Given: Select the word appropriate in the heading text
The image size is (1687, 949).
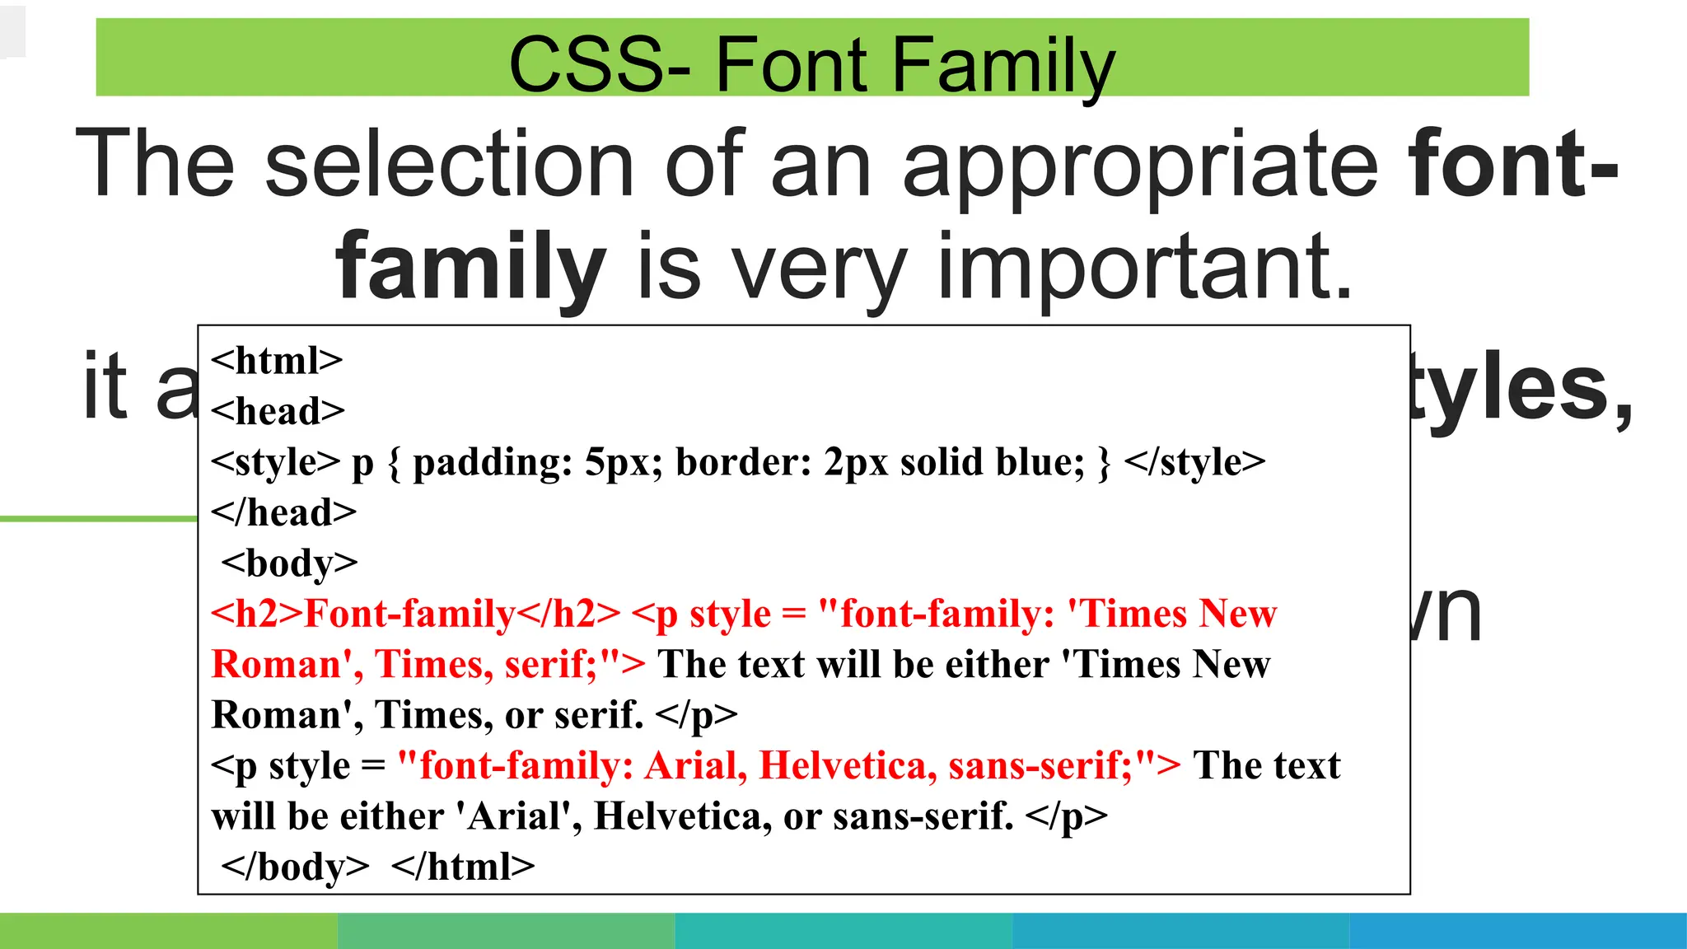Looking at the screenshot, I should pyautogui.click(x=1140, y=165).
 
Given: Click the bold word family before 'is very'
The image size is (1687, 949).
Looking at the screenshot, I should pyautogui.click(x=470, y=266).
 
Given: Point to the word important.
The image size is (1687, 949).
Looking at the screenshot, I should pyautogui.click(x=1145, y=266).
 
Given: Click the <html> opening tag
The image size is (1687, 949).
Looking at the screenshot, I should pyautogui.click(x=277, y=361).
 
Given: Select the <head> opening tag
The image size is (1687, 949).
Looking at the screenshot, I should pyautogui.click(x=278, y=411).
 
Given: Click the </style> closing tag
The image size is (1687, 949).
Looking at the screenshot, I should pyautogui.click(x=1194, y=462).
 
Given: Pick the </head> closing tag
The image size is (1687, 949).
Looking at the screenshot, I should pyautogui.click(x=283, y=512).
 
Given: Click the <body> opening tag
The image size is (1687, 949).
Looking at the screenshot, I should pyautogui.click(x=289, y=563).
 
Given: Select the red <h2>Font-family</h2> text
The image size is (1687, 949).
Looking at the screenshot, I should pyautogui.click(x=415, y=614).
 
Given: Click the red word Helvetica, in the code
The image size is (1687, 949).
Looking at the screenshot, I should pyautogui.click(x=848, y=765).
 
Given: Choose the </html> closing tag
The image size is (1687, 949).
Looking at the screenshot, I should pyautogui.click(x=463, y=867).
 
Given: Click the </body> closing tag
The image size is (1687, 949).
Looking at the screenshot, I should pyautogui.click(x=296, y=867).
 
